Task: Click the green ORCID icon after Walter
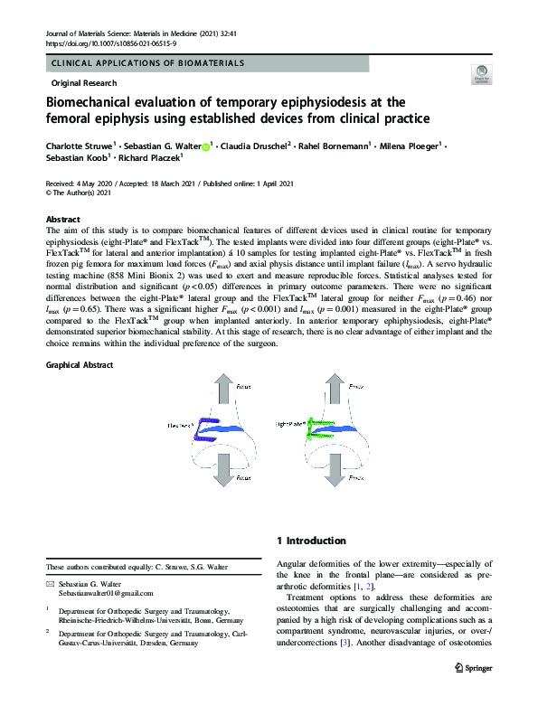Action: [205, 146]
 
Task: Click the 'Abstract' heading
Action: [62, 220]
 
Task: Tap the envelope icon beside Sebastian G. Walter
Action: [51, 585]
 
